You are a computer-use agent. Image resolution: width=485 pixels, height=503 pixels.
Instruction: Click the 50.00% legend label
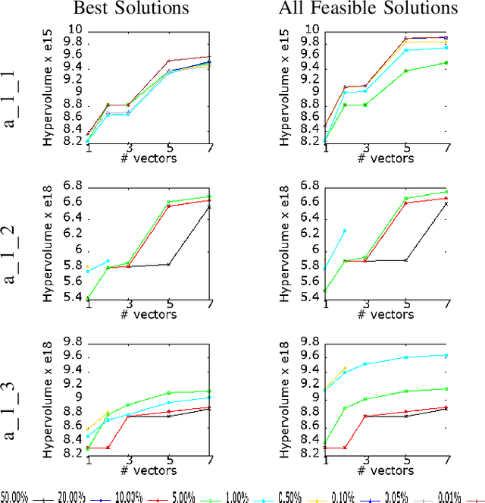[14, 497]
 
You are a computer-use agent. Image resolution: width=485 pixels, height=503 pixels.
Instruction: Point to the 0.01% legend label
[440, 497]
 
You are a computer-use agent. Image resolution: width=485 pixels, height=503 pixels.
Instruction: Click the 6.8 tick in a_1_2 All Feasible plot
[309, 186]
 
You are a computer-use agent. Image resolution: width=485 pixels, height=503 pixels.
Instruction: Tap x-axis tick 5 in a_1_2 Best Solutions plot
[168, 304]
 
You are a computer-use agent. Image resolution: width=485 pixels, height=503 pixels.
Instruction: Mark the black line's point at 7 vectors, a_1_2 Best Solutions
[209, 206]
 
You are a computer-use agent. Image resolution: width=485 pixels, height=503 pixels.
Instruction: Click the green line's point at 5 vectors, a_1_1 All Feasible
[405, 71]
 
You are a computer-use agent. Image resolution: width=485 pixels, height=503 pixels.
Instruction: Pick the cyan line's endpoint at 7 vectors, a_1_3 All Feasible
[446, 355]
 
